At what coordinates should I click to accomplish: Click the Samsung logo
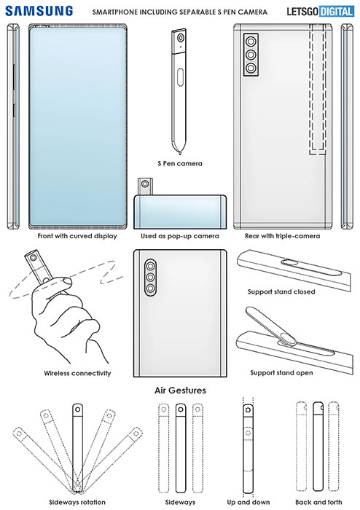pos(39,11)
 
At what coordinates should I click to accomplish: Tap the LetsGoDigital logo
pos(320,12)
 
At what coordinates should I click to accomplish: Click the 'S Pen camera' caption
pos(180,163)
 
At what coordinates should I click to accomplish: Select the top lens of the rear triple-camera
pos(251,42)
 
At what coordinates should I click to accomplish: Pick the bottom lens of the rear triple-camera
pos(251,68)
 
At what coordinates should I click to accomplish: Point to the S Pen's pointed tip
pos(179,152)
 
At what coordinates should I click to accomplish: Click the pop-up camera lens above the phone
pos(144,184)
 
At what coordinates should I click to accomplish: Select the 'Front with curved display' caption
pos(77,236)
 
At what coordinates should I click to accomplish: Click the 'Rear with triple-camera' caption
pos(282,236)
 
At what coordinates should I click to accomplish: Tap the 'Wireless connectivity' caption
pos(77,373)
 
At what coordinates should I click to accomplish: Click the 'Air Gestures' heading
pos(180,390)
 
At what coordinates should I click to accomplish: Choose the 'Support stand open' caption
pos(281,373)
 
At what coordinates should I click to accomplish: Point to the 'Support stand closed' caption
pos(281,291)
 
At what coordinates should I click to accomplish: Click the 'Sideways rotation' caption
pos(77,502)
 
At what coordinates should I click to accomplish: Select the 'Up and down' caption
pos(248,502)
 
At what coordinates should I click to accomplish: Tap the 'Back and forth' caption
pos(318,502)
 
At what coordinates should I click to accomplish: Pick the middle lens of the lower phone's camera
pos(150,277)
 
